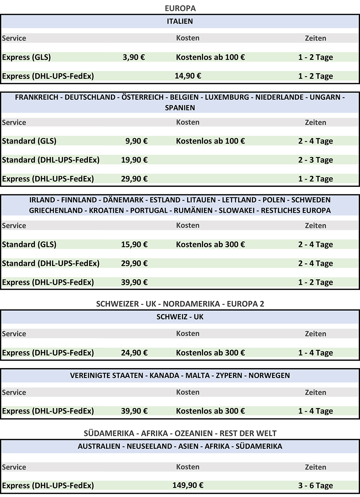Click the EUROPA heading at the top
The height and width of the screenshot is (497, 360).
(180, 8)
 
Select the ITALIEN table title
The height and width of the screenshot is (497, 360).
(180, 21)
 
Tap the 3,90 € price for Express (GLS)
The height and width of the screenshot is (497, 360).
(134, 57)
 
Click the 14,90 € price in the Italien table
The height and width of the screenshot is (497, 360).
(188, 76)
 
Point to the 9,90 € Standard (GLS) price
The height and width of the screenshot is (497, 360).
(136, 141)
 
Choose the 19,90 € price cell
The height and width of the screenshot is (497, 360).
(134, 160)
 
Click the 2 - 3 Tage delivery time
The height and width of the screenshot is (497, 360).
(315, 160)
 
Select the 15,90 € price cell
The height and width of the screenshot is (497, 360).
(134, 244)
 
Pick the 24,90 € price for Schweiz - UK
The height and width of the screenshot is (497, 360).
(134, 353)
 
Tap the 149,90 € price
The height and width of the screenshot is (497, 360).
(188, 485)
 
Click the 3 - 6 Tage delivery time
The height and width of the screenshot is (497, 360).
(315, 485)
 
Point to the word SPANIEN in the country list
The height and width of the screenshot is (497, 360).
(180, 108)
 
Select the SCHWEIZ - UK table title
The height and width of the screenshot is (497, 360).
(180, 317)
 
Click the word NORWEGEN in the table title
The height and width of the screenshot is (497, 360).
(269, 375)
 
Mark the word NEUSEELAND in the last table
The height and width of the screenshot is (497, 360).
(149, 446)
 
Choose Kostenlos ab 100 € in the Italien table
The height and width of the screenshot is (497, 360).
(210, 57)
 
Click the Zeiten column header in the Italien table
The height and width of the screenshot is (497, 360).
(315, 38)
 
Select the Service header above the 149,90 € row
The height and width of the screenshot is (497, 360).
(14, 467)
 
